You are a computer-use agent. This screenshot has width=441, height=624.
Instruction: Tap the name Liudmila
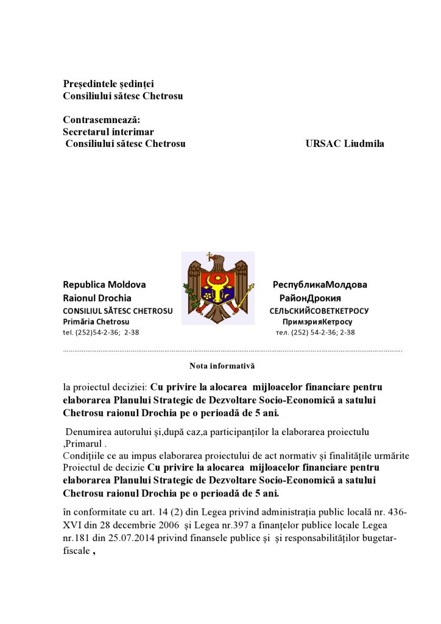pyautogui.click(x=364, y=144)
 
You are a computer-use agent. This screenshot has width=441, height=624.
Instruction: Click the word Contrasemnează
pyautogui.click(x=101, y=119)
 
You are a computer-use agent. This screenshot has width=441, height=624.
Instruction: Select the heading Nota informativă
pyautogui.click(x=222, y=366)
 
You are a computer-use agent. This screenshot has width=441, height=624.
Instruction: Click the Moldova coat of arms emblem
pyautogui.click(x=218, y=287)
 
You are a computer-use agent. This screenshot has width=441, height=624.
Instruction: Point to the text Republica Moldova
pyautogui.click(x=104, y=285)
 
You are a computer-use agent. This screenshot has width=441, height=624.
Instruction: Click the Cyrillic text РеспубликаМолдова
pyautogui.click(x=320, y=285)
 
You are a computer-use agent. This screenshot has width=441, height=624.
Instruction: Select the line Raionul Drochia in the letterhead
pyautogui.click(x=97, y=298)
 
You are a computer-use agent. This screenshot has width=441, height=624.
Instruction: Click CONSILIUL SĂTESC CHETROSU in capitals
pyautogui.click(x=118, y=310)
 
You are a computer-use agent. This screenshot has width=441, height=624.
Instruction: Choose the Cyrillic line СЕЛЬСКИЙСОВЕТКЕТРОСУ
pyautogui.click(x=319, y=310)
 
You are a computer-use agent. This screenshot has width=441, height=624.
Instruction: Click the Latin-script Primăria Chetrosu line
pyautogui.click(x=96, y=321)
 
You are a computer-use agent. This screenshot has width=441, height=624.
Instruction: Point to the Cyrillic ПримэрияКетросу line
pyautogui.click(x=317, y=321)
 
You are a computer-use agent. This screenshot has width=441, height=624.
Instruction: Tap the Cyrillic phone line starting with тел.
pyautogui.click(x=315, y=332)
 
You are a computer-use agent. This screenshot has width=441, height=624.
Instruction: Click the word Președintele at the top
pyautogui.click(x=91, y=83)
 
